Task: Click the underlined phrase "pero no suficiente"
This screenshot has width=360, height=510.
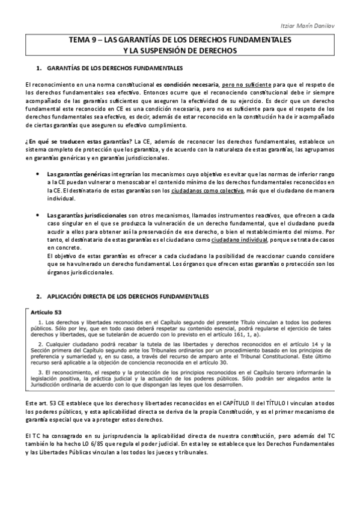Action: (x=246, y=85)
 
